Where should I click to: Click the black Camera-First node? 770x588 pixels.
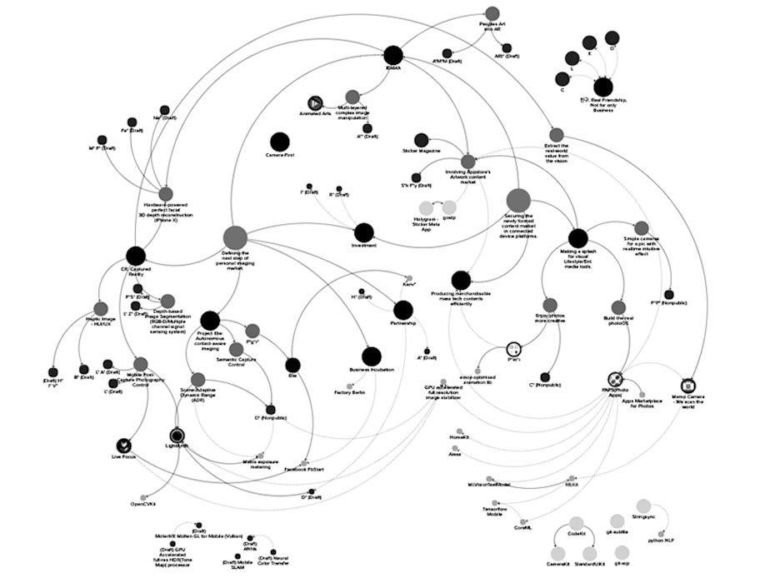(279, 142)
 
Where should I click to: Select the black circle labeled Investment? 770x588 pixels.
(364, 232)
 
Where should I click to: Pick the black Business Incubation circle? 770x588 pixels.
(372, 356)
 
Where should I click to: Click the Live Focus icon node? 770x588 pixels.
(124, 445)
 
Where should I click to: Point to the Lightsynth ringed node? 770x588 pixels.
(177, 435)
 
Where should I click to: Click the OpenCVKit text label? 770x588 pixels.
(143, 504)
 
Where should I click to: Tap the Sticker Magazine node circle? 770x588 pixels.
(422, 139)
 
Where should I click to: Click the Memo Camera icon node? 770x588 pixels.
(689, 386)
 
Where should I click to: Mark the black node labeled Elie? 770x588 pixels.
(292, 364)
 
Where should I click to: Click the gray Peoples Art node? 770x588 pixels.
(492, 12)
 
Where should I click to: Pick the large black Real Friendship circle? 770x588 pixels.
(602, 86)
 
